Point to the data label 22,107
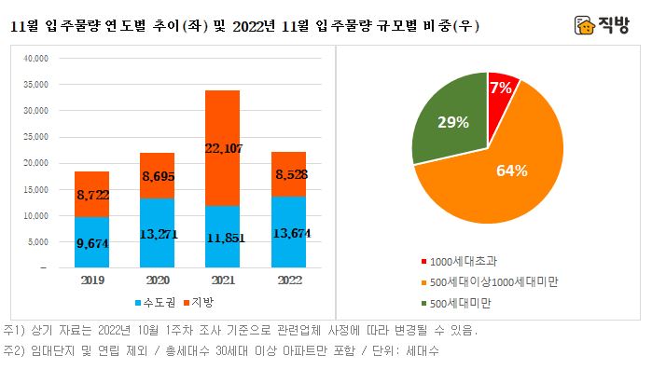click(223, 146)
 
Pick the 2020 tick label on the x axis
click(158, 279)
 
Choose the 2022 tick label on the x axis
click(288, 279)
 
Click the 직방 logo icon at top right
click(586, 25)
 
